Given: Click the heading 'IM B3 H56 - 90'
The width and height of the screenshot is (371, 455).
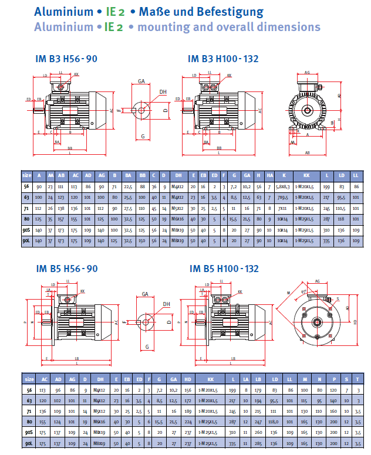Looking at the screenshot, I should pyautogui.click(x=66, y=59).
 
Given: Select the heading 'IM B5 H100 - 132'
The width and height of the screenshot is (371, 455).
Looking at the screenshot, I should pyautogui.click(x=224, y=269).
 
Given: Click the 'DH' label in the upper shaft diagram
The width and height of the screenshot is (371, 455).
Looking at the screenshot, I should pyautogui.click(x=163, y=91).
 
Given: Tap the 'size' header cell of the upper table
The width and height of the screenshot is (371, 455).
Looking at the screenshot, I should pyautogui.click(x=27, y=175).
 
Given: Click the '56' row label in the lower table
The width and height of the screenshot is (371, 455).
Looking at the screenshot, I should pyautogui.click(x=27, y=389).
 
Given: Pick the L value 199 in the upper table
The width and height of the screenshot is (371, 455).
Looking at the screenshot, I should pyautogui.click(x=328, y=186).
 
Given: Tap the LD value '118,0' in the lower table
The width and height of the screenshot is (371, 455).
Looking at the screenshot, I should pyautogui.click(x=272, y=421).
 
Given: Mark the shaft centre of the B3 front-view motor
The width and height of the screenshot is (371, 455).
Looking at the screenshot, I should pyautogui.click(x=307, y=110).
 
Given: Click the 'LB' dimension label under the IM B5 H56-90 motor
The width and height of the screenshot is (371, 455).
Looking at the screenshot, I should pyautogui.click(x=77, y=358).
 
